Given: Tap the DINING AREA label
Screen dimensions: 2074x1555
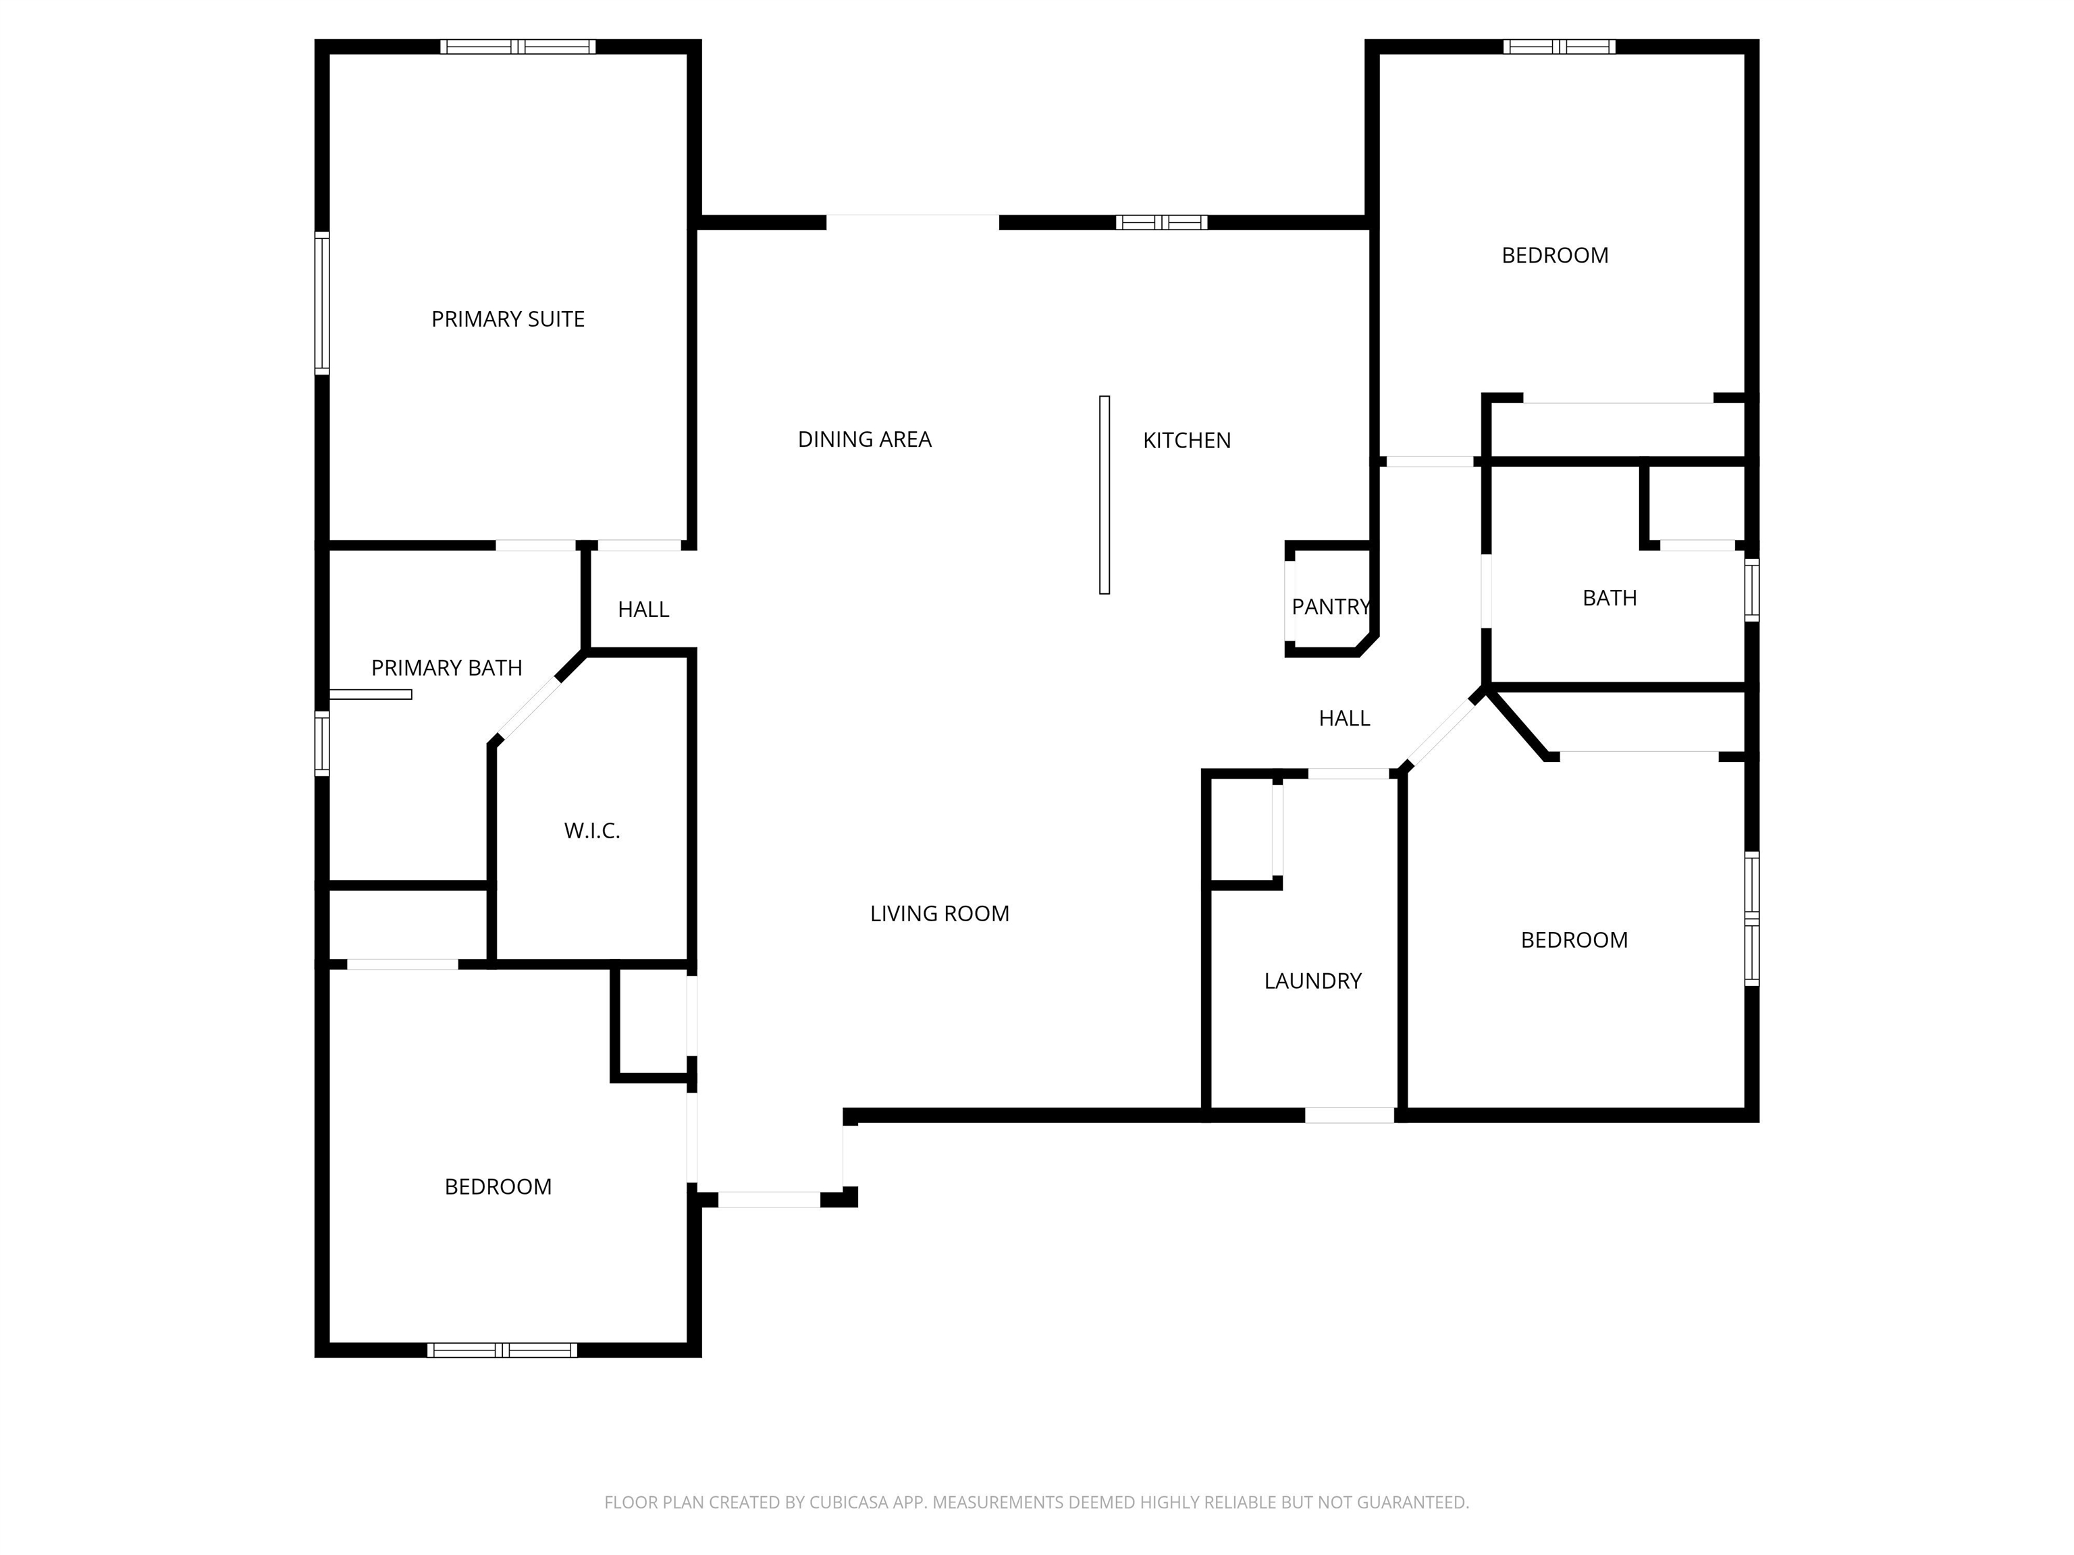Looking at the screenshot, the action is click(x=864, y=439).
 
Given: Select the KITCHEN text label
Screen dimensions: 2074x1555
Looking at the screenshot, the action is click(x=1186, y=441).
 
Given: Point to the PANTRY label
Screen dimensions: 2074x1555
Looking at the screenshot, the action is click(x=1331, y=607).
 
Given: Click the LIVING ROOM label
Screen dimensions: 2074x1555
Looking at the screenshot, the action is click(x=940, y=914).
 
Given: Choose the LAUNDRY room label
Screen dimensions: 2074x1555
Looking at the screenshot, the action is click(x=1312, y=981).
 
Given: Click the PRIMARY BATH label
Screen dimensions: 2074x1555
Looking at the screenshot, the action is click(x=446, y=668).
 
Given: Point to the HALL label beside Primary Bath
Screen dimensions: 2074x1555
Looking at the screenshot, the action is click(x=643, y=610).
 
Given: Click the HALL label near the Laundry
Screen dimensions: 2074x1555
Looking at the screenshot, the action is click(x=1345, y=719).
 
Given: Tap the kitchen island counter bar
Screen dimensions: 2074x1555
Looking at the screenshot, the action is click(x=1105, y=495).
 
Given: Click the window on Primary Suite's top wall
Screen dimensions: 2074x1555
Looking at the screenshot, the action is click(x=518, y=47).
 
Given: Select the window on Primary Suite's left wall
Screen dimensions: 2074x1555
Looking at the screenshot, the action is click(x=321, y=304).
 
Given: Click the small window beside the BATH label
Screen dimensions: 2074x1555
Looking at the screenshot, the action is click(x=1751, y=590).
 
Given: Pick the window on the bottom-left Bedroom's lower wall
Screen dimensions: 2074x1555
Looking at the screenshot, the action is click(x=502, y=1350).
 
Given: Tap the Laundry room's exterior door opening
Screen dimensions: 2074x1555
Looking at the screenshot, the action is click(x=1349, y=1116).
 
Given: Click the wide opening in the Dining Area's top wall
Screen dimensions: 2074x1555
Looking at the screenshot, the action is click(x=912, y=222).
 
